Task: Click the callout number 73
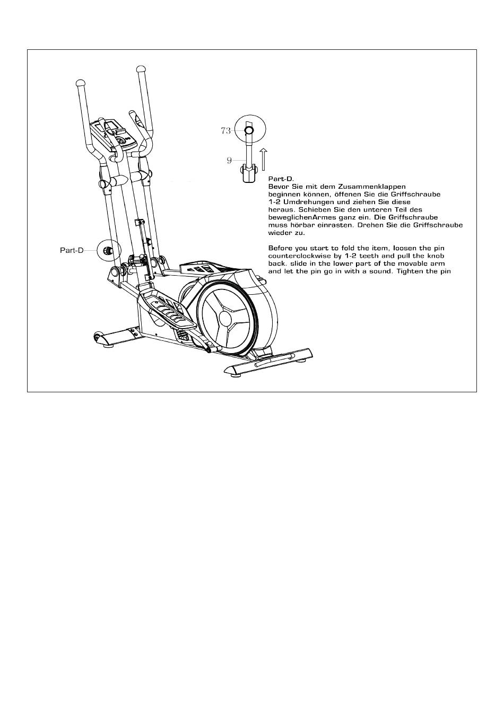click(x=225, y=131)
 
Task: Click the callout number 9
click(x=229, y=160)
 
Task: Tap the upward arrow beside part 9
click(x=263, y=159)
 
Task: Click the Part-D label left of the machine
click(x=72, y=250)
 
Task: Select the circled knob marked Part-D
click(x=109, y=250)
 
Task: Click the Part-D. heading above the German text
click(x=281, y=179)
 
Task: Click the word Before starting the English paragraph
click(x=281, y=248)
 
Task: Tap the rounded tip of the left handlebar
click(x=81, y=83)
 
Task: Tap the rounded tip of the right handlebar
click(x=141, y=68)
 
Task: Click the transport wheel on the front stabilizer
click(x=98, y=336)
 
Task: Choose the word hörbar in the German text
click(x=299, y=225)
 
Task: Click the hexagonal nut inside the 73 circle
click(x=249, y=130)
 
